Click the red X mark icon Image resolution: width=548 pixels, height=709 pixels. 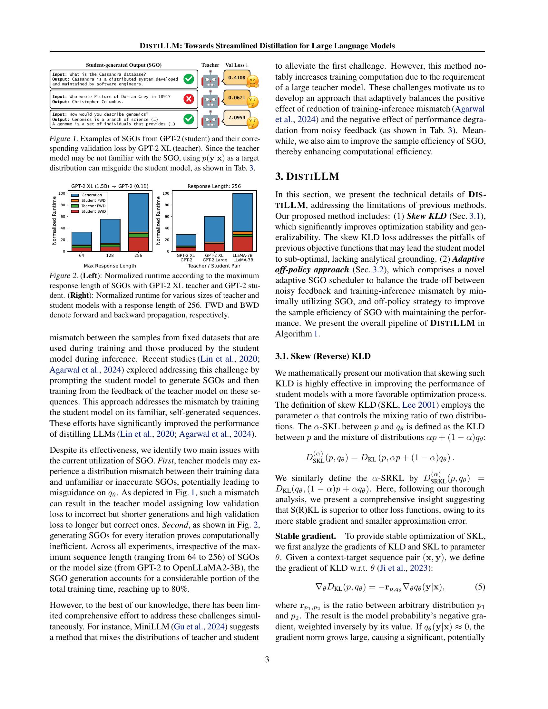click(x=189, y=99)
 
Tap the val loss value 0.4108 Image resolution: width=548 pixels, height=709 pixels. click(x=236, y=78)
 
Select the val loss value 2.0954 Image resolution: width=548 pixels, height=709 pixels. click(x=236, y=118)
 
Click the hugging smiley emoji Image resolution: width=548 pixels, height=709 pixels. click(x=252, y=82)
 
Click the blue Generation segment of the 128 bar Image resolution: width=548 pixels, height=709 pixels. click(x=110, y=231)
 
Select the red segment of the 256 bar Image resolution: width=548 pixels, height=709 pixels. click(x=138, y=245)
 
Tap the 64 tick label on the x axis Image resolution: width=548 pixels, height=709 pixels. click(x=82, y=256)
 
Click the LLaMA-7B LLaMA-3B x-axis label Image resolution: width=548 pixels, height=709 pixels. click(x=242, y=258)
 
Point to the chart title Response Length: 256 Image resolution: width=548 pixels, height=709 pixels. click(x=214, y=186)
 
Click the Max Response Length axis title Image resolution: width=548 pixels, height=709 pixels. click(x=110, y=266)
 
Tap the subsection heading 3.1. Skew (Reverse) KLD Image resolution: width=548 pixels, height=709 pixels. click(x=323, y=356)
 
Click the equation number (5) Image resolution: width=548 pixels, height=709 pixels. click(x=480, y=587)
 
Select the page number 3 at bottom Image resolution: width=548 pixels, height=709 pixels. click(x=267, y=659)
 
